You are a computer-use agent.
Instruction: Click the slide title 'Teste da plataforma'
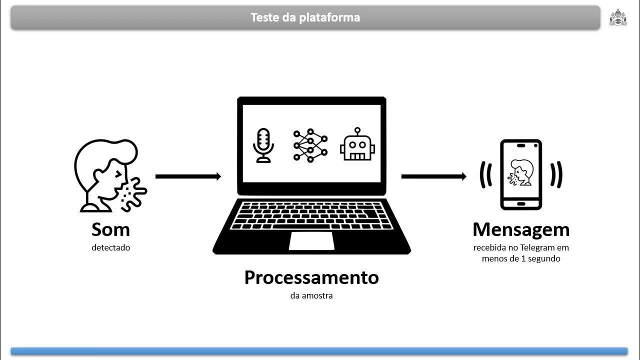tap(305, 17)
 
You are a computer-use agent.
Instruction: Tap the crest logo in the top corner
tap(617, 17)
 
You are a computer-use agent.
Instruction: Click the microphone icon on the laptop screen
tap(263, 145)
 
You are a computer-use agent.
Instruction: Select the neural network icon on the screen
tap(310, 145)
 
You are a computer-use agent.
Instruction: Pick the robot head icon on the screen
tap(357, 144)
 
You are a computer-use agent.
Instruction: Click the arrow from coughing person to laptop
tap(188, 176)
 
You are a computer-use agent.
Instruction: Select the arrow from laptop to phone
tap(433, 176)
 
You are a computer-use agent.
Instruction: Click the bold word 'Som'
tap(110, 229)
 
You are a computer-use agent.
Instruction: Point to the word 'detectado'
tap(110, 247)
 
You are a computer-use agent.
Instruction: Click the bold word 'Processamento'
tap(311, 277)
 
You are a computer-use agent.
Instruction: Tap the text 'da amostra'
tap(311, 295)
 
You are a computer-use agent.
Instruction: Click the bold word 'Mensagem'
tap(521, 229)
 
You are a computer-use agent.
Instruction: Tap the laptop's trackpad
tap(311, 240)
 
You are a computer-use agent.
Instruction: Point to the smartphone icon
tap(521, 174)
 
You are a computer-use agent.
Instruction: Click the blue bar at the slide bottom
tap(319, 351)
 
